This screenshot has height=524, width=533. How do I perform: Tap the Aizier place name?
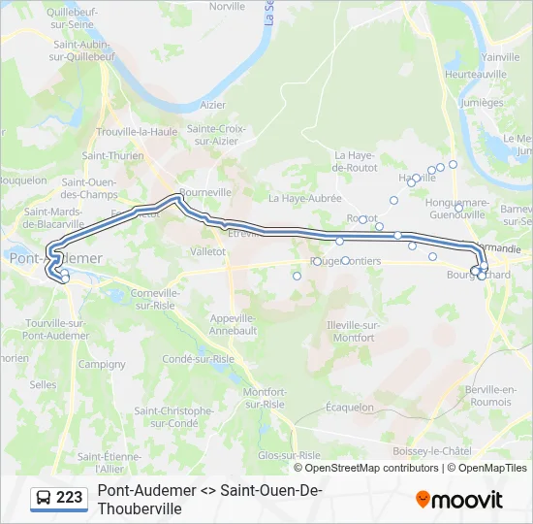tap(211, 105)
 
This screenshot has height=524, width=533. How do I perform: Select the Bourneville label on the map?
tap(204, 192)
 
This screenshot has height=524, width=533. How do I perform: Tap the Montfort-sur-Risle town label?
tap(264, 398)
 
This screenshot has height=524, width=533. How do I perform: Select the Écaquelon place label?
tap(350, 408)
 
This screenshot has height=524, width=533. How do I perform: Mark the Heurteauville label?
tap(475, 75)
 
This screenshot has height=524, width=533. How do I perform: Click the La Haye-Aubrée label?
tap(300, 198)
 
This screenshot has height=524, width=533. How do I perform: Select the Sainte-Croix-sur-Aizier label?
tap(216, 134)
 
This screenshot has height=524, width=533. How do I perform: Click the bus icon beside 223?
tap(45, 498)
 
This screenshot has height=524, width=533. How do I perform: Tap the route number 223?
tap(69, 498)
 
